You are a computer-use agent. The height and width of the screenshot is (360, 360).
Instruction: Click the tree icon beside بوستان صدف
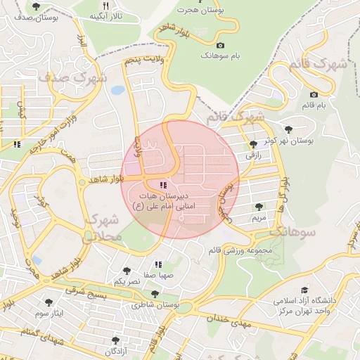coord(36,6)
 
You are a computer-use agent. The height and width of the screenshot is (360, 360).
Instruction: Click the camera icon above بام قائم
coord(314,94)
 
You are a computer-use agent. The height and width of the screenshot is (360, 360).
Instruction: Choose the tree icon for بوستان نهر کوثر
coord(289,129)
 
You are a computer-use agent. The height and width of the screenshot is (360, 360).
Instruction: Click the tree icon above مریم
coord(259,207)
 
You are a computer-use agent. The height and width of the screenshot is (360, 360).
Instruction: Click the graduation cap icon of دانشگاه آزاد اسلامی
coord(304,290)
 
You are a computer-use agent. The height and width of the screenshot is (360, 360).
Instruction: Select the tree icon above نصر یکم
coord(127,270)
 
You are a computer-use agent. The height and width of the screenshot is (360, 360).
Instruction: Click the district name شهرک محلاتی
coord(103,229)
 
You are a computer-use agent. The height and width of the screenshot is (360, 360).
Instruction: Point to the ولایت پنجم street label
coord(143,61)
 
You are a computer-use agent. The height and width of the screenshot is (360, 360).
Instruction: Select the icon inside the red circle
coord(163,185)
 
